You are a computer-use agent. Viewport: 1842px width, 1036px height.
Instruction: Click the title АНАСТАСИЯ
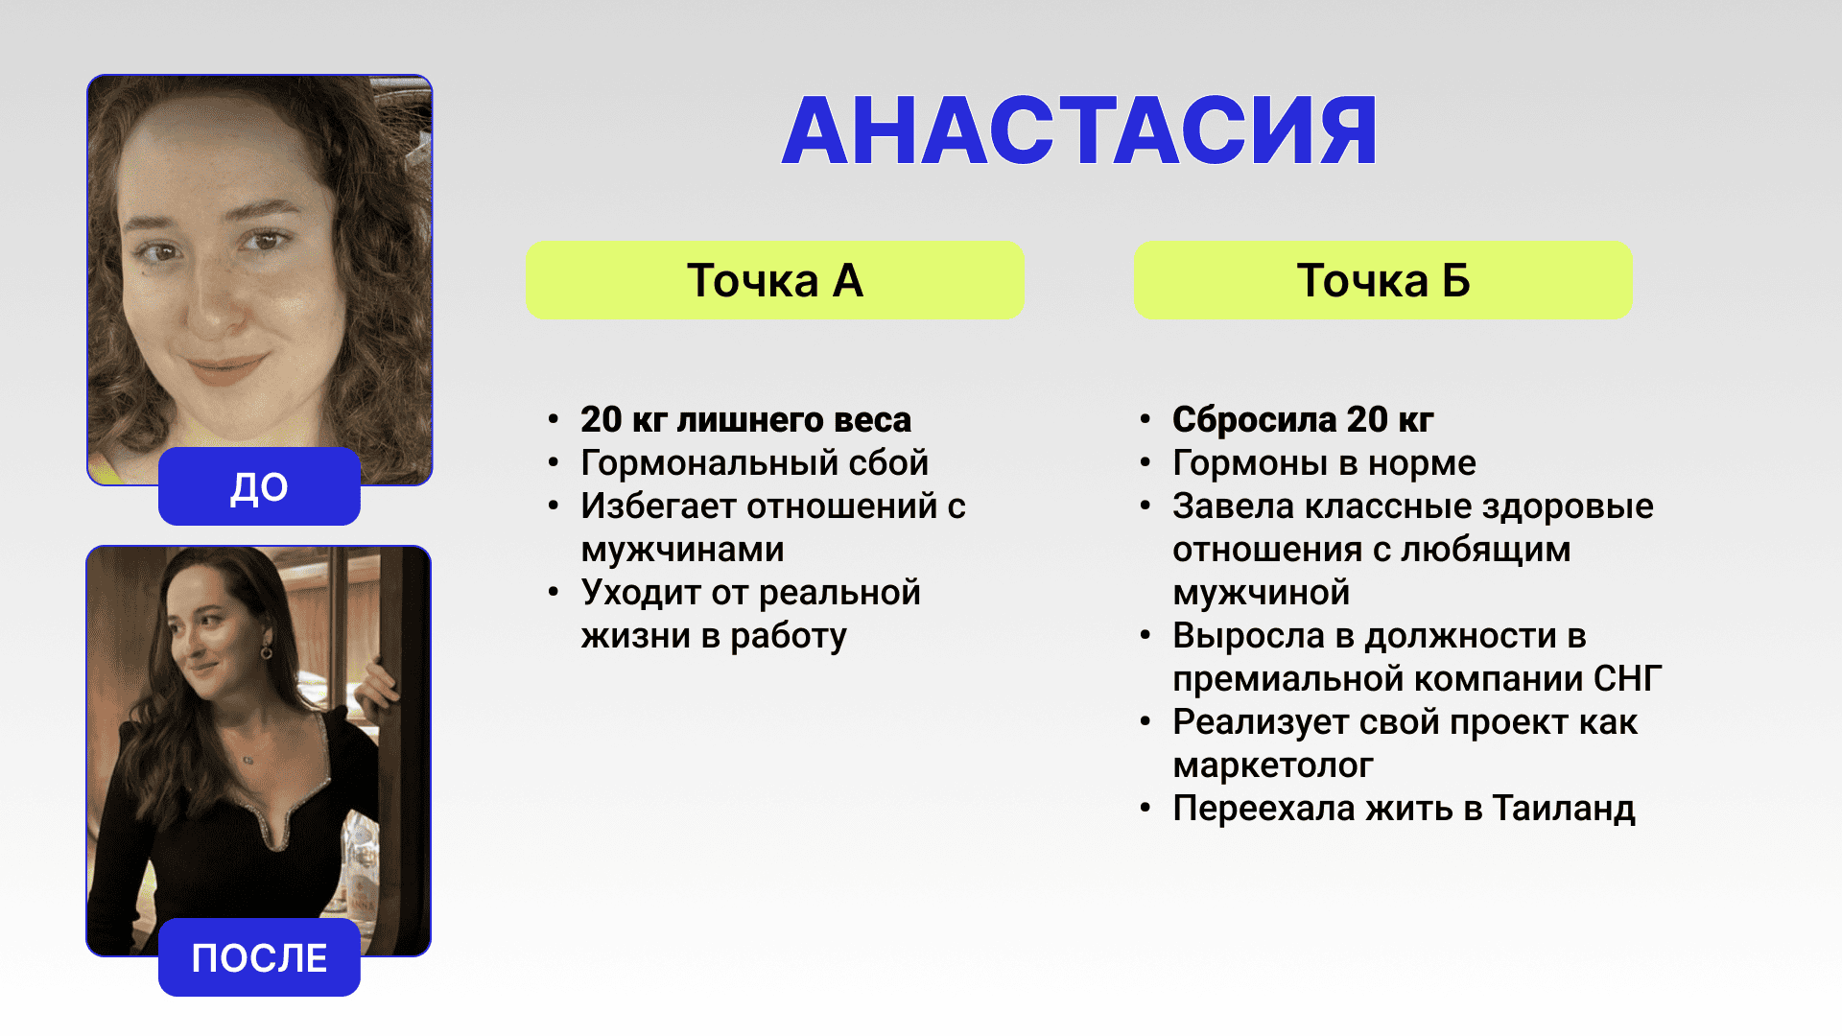coord(1079,131)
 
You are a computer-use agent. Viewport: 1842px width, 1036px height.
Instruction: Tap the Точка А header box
coord(774,280)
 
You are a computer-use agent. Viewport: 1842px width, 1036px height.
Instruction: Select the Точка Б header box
coord(1382,280)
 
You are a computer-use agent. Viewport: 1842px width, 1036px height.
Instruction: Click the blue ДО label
coord(259,486)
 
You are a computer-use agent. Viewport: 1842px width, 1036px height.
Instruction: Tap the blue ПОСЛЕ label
coord(259,957)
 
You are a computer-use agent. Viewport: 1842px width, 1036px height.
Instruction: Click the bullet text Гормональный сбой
coord(755,463)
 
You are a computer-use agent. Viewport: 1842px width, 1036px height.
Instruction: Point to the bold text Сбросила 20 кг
coord(1303,419)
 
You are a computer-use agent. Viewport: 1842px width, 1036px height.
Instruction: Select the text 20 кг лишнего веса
coord(745,419)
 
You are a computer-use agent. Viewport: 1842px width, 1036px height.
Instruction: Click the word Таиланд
coord(1564,809)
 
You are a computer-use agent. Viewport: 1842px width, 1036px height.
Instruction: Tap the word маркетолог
coord(1273,765)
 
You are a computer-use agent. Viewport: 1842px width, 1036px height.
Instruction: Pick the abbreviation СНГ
coord(1627,679)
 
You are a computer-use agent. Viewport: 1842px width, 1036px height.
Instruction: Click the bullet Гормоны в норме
coord(1324,463)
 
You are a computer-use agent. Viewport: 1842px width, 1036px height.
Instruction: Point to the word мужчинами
coord(682,551)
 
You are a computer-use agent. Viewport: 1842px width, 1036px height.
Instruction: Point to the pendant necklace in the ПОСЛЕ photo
coord(248,760)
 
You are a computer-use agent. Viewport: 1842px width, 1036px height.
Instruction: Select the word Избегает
coord(659,506)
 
